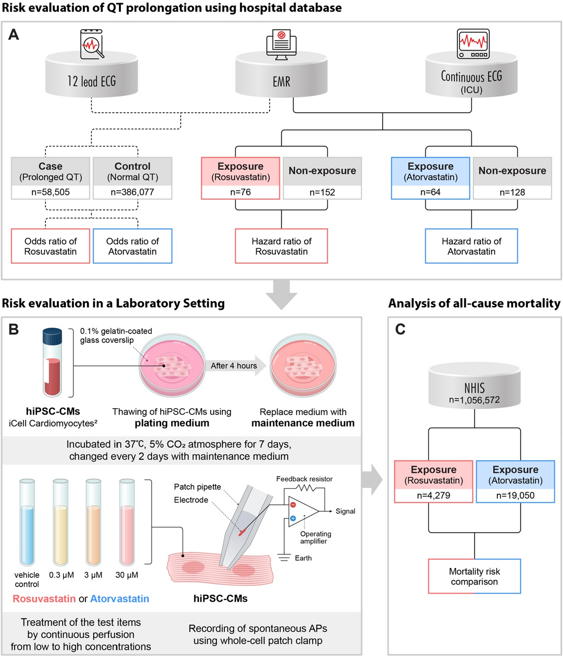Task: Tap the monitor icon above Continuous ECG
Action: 473,44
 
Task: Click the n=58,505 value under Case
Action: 50,192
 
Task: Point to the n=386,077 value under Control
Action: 132,192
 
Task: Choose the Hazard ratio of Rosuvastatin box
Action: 281,246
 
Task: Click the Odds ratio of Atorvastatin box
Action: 132,246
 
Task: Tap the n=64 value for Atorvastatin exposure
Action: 430,192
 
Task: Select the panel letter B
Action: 14,330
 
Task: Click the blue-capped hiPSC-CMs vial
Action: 52,362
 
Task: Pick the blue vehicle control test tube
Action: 27,522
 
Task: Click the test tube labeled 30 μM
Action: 127,522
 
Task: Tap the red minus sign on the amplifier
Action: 293,505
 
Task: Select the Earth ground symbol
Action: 284,558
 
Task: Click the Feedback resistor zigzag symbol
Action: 305,488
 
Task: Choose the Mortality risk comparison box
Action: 474,576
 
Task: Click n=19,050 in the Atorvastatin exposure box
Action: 515,495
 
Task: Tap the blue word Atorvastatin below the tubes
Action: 120,599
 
